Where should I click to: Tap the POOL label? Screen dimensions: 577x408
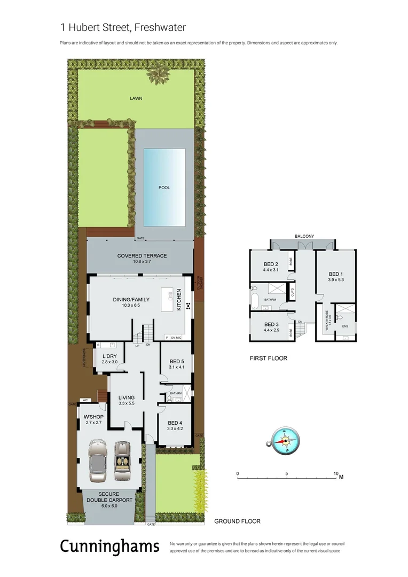coord(164,188)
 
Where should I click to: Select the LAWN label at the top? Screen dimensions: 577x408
coord(136,98)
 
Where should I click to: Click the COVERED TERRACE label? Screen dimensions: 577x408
coord(142,256)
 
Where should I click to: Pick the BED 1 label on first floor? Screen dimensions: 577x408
coord(336,274)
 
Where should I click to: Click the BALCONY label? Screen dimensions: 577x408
coord(304,236)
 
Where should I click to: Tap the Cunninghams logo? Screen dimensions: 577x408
coord(109,546)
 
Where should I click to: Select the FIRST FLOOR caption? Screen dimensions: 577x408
coord(268,358)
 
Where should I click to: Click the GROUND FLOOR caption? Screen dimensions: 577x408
coord(237,521)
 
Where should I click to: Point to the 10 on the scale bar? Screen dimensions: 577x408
coord(335,474)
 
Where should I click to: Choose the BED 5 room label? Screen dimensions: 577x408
coord(176,361)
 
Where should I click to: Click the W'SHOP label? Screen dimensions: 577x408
coord(93,417)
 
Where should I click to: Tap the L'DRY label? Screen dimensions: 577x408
coord(109,356)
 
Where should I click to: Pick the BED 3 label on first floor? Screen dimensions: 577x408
coord(271,324)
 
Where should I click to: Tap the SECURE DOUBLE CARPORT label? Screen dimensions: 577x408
coord(109,497)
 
